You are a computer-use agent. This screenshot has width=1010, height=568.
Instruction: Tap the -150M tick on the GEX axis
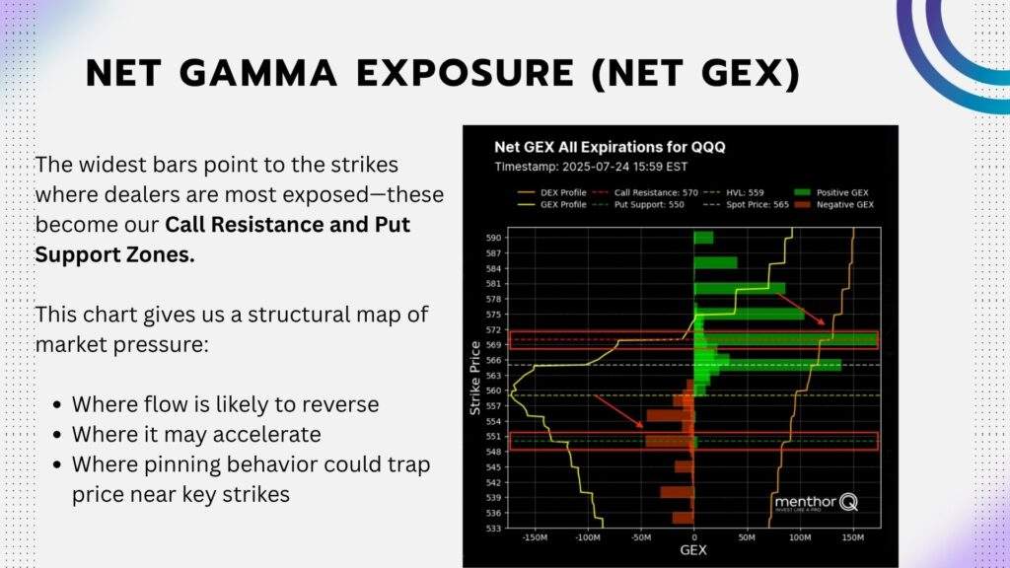tap(536, 538)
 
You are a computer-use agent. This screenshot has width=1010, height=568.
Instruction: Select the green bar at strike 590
tap(703, 238)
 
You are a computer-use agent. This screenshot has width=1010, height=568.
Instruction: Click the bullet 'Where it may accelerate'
tap(195, 434)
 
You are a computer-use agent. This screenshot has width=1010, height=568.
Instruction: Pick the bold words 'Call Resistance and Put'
tap(287, 224)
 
